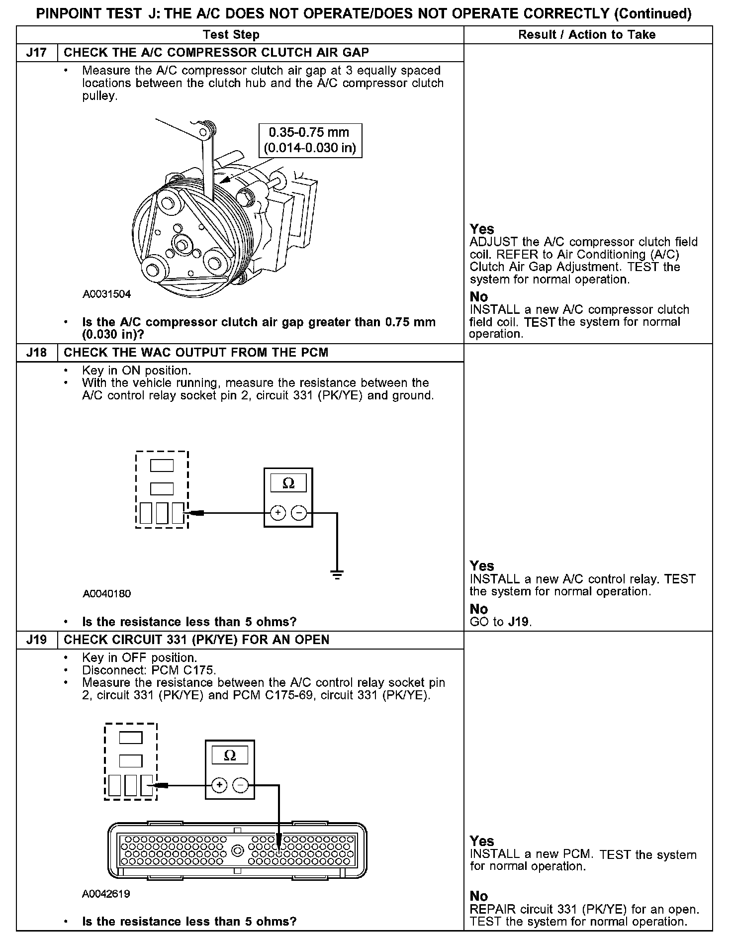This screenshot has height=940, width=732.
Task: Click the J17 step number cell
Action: tap(37, 53)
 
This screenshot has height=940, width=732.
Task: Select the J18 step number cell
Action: tap(37, 353)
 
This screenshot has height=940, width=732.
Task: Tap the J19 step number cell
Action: tap(37, 640)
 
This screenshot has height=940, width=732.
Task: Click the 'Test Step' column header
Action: tap(231, 35)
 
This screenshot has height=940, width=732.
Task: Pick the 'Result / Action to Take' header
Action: tap(587, 35)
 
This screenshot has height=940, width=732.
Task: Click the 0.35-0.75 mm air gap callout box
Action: tap(310, 140)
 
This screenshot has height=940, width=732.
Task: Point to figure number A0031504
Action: tap(106, 294)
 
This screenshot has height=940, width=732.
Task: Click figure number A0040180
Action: tap(106, 594)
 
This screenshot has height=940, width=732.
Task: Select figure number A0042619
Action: tap(106, 894)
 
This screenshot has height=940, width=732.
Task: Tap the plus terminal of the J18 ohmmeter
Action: tap(278, 513)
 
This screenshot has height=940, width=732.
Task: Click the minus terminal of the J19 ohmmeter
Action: tap(240, 785)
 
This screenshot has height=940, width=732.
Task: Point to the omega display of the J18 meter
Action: tap(288, 483)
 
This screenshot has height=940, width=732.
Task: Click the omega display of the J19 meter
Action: tap(230, 755)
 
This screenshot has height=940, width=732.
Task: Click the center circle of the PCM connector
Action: tap(237, 851)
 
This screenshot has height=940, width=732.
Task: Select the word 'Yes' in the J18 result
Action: tap(482, 566)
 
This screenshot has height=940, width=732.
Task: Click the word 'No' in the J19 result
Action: tap(479, 896)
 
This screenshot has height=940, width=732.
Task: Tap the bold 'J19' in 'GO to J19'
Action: tap(519, 622)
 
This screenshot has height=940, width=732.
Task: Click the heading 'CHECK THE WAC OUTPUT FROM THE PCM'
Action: tap(196, 353)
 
